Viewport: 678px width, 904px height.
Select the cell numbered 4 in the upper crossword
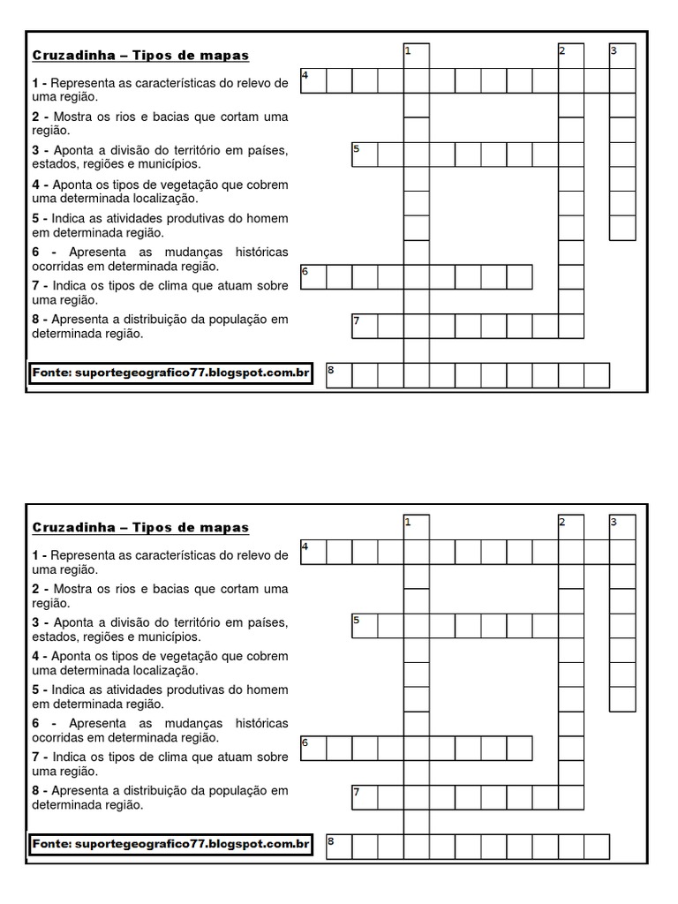click(x=313, y=80)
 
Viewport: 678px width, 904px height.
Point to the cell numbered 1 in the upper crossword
click(x=416, y=56)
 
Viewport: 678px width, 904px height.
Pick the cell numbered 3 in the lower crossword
click(x=622, y=528)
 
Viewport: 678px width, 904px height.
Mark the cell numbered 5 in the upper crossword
click(x=365, y=154)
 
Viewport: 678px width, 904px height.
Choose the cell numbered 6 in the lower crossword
click(x=313, y=749)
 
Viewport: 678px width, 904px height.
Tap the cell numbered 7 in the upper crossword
click(x=365, y=327)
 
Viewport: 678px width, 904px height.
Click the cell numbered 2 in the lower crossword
click(x=571, y=528)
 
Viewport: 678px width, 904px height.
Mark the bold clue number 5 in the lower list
click(x=36, y=690)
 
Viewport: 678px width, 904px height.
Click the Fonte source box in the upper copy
click(x=170, y=373)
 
